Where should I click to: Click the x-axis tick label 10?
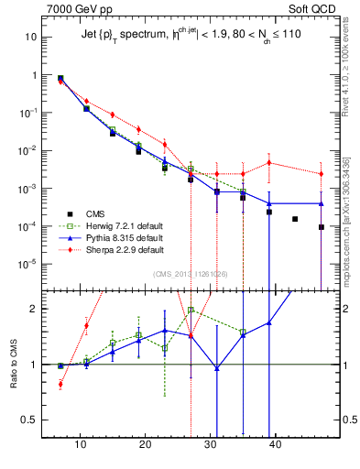pyautogui.click(x=82, y=445)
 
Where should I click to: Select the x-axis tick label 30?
pyautogui.click(x=210, y=445)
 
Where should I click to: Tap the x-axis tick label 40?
pyautogui.click(x=274, y=445)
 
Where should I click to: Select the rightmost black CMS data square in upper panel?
pyautogui.click(x=322, y=227)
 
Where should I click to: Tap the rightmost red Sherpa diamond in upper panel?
pyautogui.click(x=322, y=174)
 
